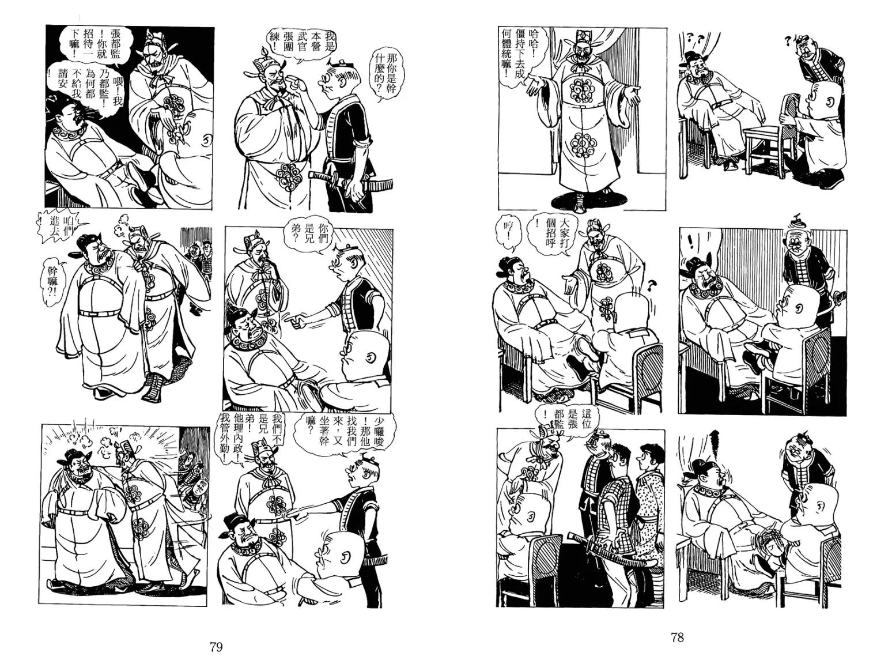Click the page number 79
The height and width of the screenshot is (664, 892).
pyautogui.click(x=216, y=647)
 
